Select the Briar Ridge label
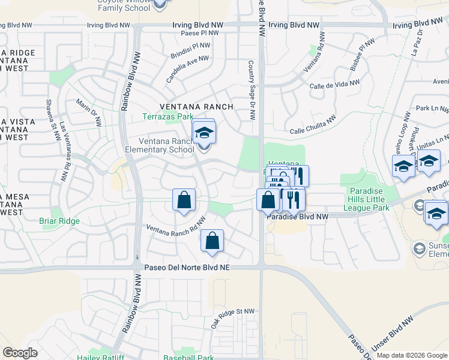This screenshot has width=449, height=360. tap(59, 221)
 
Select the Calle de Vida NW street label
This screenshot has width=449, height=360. tap(334, 83)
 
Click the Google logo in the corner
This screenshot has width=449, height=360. tap(20, 353)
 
